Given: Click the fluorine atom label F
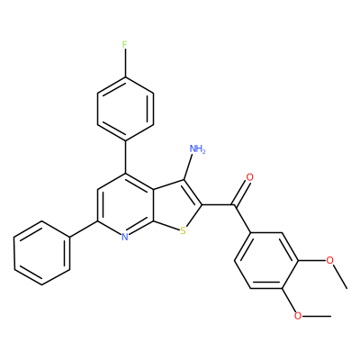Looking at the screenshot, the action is (x=125, y=45).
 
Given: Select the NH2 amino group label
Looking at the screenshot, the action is (x=198, y=148).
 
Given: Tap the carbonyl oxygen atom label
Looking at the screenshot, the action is (x=249, y=177).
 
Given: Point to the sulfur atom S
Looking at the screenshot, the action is (x=183, y=231).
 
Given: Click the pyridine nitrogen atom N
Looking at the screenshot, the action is (x=125, y=238).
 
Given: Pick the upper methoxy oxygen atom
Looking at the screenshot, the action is (x=329, y=260).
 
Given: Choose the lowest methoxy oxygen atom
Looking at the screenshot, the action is (x=298, y=316).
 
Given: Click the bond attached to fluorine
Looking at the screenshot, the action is (x=125, y=64).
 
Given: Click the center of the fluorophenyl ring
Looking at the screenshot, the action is (x=125, y=109).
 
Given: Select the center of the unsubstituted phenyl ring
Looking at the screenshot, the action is (x=42, y=253).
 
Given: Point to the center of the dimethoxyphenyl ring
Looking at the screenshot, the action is (x=266, y=260).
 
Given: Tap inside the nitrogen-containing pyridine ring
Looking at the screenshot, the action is (x=125, y=206).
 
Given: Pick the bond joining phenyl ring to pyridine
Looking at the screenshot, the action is (x=84, y=229).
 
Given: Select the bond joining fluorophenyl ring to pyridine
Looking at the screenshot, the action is (x=125, y=157).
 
